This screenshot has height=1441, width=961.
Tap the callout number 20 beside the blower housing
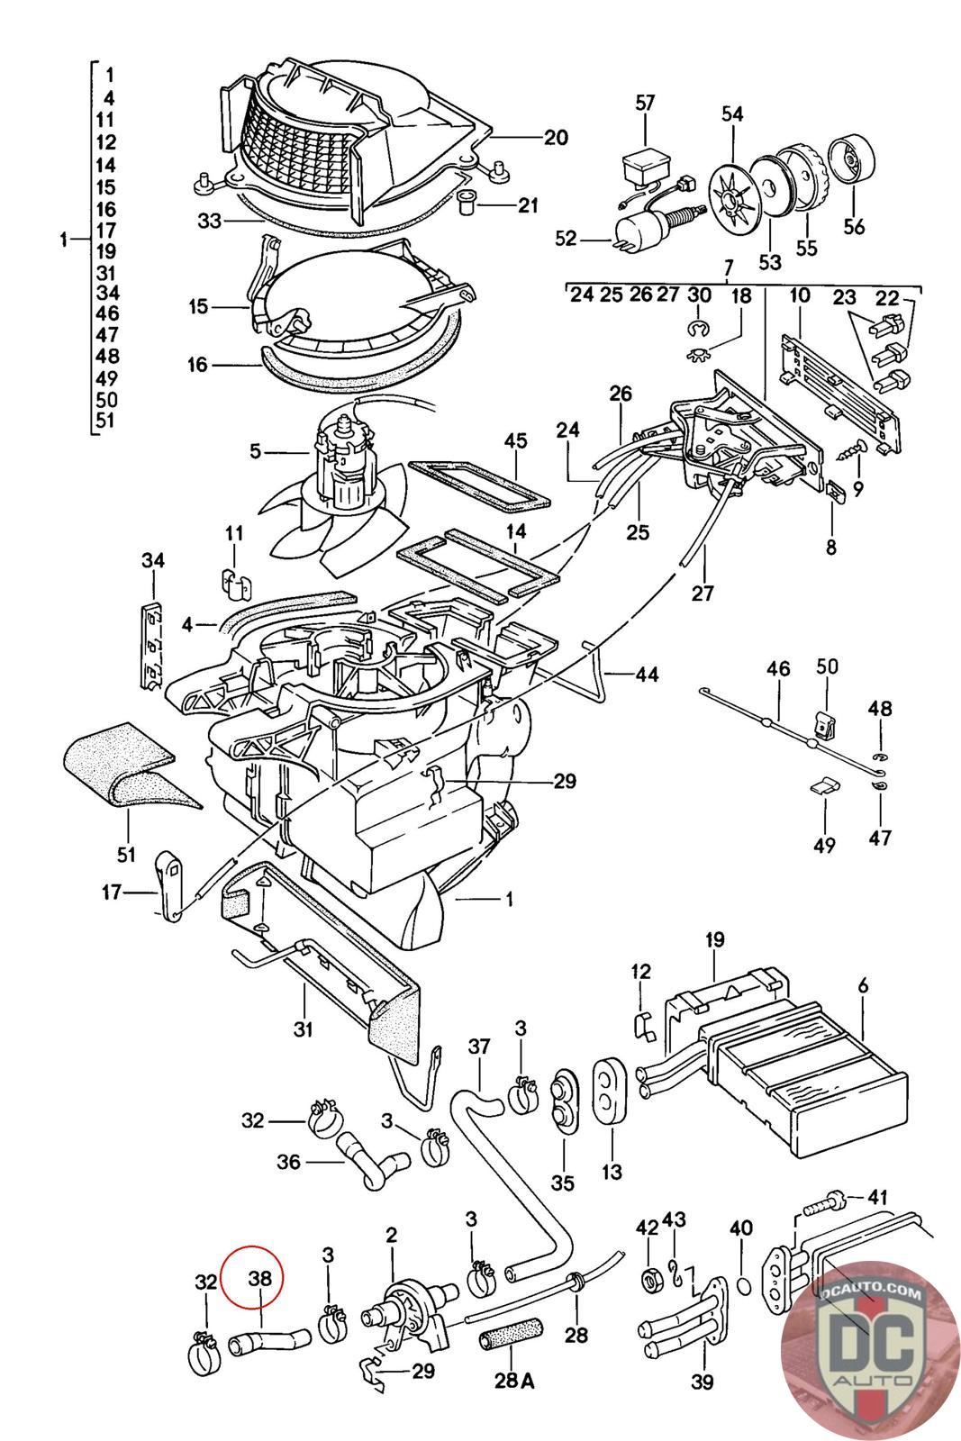tap(556, 137)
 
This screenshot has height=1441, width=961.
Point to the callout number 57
tap(645, 103)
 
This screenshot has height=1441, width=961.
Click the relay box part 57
tap(645, 168)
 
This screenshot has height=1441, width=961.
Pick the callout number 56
tap(853, 226)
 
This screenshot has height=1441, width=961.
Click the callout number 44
tap(646, 674)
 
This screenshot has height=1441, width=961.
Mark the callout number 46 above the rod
tap(778, 668)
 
